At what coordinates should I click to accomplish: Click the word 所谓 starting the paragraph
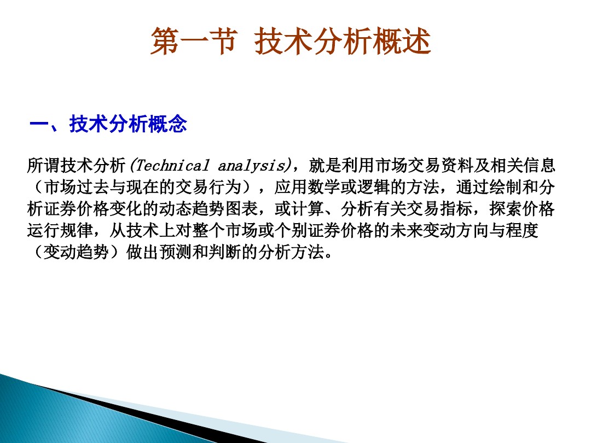click(43, 165)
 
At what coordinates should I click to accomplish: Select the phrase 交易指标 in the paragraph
click(438, 209)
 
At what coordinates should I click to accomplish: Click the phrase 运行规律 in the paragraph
click(60, 231)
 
